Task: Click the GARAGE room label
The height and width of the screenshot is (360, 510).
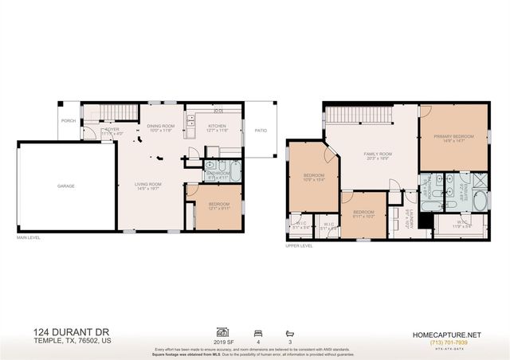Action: click(65, 186)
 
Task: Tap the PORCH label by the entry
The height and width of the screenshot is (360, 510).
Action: click(68, 122)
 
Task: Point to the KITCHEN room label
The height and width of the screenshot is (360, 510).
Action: click(218, 126)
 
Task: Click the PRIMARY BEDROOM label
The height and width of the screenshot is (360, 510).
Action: click(453, 136)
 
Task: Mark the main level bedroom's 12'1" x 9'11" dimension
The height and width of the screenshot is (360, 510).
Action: click(219, 209)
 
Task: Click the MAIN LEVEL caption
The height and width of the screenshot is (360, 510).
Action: click(29, 237)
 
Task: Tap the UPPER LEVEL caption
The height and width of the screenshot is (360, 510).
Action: click(299, 246)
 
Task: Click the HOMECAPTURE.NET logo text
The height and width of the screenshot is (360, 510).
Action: click(456, 335)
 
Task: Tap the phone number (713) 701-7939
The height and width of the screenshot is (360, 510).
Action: click(456, 343)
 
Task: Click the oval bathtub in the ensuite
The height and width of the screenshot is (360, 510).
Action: click(479, 199)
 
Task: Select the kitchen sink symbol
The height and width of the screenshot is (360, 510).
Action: click(190, 123)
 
